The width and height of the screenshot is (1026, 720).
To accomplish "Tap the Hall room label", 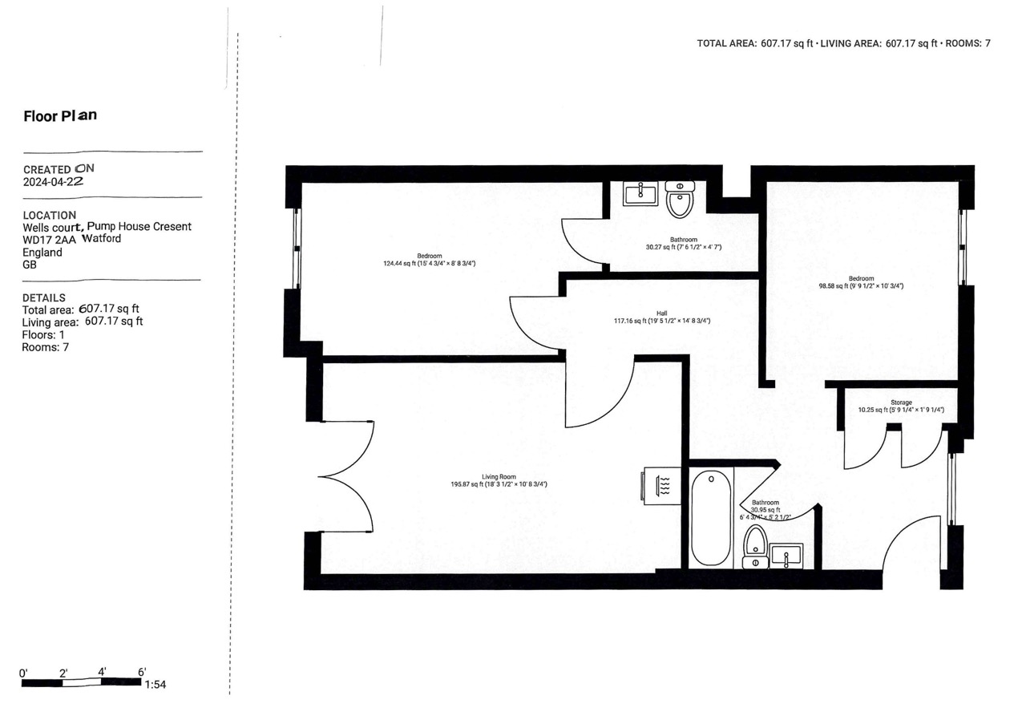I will point(662,313).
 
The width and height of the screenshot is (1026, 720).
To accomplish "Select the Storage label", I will point(901,402).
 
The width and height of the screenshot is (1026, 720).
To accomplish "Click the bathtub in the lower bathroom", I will point(711,518).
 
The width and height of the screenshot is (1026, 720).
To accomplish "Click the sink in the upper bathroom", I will point(640,193).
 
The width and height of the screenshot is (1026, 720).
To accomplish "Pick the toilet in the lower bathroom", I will point(755,547).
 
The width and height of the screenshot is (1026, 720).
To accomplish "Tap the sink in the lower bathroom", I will point(786,555).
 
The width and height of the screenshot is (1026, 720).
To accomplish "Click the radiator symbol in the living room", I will point(662,486).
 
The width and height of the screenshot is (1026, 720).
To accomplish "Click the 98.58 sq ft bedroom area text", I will point(861,285).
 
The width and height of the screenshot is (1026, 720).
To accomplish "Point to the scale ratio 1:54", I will point(155,685).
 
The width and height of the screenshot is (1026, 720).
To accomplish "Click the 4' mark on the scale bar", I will point(103,672).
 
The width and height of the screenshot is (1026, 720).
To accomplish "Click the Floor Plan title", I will point(60,115).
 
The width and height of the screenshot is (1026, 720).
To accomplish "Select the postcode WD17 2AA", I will point(50,239).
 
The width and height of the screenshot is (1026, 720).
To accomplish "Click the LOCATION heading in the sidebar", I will point(50,215).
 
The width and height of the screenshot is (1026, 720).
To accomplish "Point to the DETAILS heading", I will point(44,297).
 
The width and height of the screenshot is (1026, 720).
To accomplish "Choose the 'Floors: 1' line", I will point(43,334).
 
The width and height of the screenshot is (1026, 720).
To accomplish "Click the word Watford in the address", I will point(101,239).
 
